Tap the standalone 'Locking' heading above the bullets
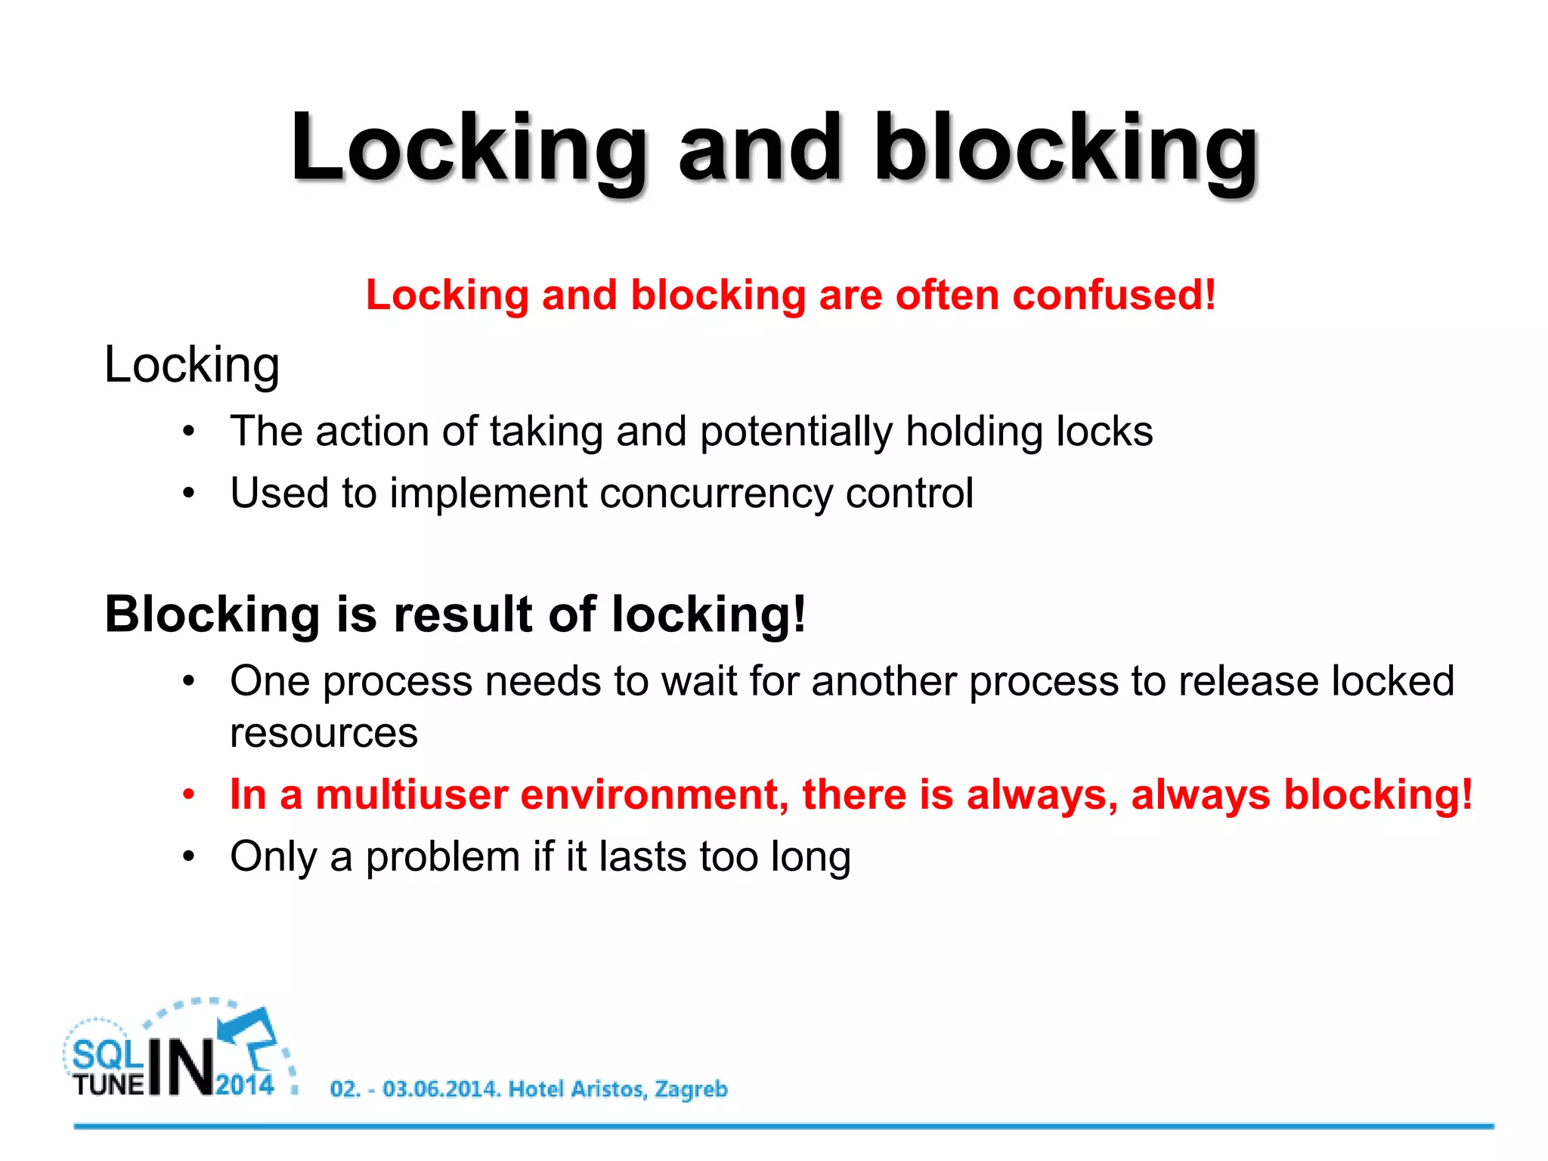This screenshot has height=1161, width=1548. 192,365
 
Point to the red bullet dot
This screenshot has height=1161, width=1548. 189,795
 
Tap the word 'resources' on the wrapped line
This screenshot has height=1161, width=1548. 324,733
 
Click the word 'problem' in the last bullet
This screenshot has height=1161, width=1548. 443,857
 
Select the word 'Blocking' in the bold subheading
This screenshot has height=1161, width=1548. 212,614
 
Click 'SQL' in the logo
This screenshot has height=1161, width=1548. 107,1055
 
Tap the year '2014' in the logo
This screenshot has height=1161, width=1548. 245,1085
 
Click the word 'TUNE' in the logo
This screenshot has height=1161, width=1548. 109,1085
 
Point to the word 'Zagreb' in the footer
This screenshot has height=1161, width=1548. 691,1089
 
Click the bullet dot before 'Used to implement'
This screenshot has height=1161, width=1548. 189,494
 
